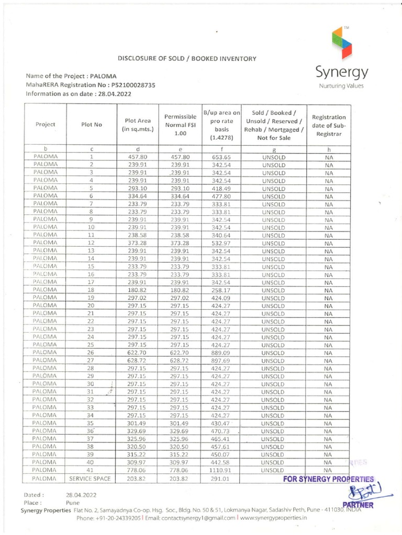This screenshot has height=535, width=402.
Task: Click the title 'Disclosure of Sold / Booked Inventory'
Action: tap(186, 59)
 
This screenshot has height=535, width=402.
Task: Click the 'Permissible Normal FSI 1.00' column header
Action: tap(180, 125)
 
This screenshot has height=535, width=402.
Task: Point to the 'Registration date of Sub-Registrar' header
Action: tap(329, 125)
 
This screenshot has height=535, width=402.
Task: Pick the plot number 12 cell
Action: tap(91, 243)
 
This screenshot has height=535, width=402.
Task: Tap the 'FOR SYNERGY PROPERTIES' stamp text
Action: tap(329, 479)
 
